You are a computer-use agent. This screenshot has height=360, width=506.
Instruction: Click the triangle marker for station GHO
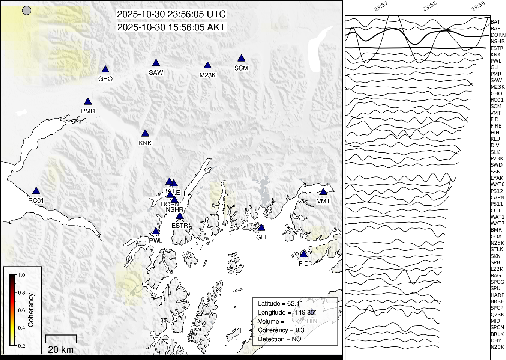(x=105, y=69)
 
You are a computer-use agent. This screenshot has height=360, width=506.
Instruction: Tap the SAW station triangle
(x=156, y=63)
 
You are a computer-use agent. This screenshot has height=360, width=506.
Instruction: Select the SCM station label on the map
(x=241, y=68)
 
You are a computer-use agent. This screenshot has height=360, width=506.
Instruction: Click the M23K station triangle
(x=207, y=66)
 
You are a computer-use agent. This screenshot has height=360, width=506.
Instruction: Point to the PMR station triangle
(x=88, y=102)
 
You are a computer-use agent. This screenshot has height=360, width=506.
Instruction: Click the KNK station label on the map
(x=145, y=143)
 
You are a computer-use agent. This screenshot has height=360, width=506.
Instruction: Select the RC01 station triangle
(x=36, y=191)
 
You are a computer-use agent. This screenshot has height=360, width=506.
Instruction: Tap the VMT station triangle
(x=323, y=192)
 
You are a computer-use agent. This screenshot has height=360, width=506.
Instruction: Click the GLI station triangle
(x=261, y=228)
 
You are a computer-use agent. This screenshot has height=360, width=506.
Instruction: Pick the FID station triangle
(x=304, y=255)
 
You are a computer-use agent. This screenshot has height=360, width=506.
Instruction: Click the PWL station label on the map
(x=156, y=241)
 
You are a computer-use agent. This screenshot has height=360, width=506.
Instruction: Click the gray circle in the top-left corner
(x=27, y=11)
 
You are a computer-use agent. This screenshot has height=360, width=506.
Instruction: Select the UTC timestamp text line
(x=171, y=14)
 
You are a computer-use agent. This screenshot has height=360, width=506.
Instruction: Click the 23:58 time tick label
(x=429, y=6)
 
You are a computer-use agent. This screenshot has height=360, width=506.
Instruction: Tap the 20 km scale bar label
(x=61, y=349)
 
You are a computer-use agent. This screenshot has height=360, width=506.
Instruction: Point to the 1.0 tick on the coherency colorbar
(x=21, y=275)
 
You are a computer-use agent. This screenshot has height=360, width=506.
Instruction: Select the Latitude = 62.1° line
(x=280, y=303)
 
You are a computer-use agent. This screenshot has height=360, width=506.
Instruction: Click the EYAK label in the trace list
(x=497, y=178)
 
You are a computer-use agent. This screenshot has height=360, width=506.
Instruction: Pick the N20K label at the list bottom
(x=497, y=347)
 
